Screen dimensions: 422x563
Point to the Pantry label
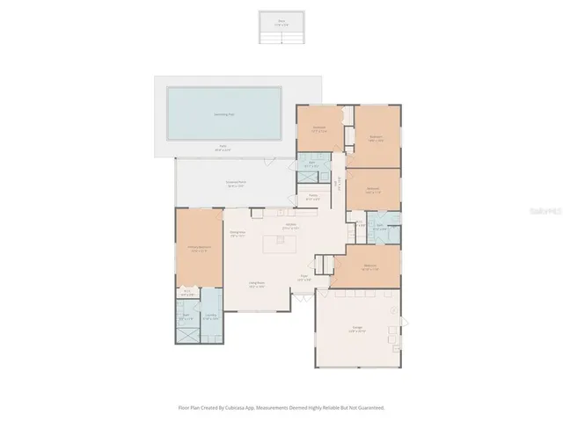click(312, 198)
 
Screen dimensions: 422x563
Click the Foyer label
click(304, 278)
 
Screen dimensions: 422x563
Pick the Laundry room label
click(211, 316)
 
